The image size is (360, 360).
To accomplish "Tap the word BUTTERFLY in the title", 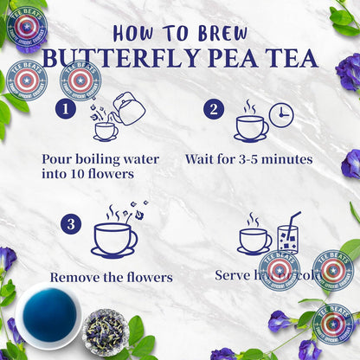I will (x=120, y=59).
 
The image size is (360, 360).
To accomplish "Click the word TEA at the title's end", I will (x=290, y=59).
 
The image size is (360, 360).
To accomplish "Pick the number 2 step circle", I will (x=213, y=109).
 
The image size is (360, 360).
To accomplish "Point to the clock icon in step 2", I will (x=280, y=114).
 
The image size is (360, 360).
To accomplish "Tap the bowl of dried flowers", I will (x=105, y=332).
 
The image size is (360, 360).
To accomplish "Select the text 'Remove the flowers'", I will (x=111, y=278).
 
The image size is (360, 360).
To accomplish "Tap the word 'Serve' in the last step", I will (x=233, y=275).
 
